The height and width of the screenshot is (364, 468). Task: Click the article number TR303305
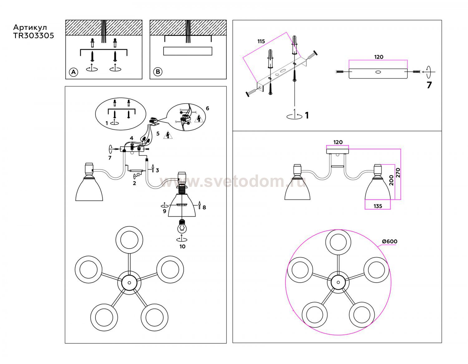(x=34, y=36)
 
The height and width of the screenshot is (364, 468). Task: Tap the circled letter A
(x=73, y=72)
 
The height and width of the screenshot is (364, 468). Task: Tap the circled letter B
(x=158, y=72)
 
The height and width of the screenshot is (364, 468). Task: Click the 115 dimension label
(x=261, y=41)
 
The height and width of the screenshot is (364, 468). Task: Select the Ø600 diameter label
(x=390, y=241)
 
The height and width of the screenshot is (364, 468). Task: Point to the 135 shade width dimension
(x=378, y=206)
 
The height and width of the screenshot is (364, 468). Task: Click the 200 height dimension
(x=392, y=180)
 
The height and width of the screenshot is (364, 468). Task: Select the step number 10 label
(x=183, y=247)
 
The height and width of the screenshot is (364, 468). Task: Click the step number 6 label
(x=207, y=108)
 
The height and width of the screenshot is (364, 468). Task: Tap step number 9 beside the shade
(x=164, y=211)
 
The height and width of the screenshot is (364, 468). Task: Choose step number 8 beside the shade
(x=204, y=207)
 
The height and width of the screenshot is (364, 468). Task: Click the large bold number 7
(x=429, y=85)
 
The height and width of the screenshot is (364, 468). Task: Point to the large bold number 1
(x=307, y=115)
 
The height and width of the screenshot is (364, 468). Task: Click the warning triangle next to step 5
(x=168, y=135)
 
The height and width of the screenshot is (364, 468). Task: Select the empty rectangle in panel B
(x=188, y=51)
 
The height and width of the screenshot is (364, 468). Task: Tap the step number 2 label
(x=134, y=183)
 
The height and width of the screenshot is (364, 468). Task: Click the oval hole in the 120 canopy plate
(x=378, y=72)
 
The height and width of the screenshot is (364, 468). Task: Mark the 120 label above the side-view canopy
(x=338, y=142)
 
